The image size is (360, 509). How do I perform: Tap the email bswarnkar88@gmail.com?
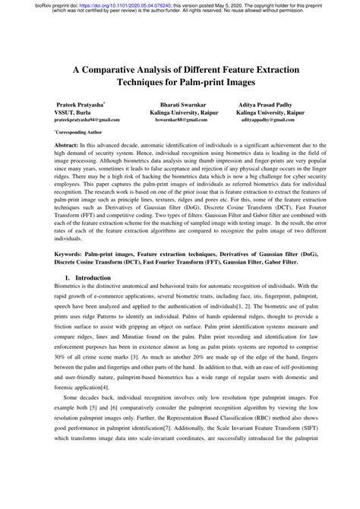[x=181, y=120]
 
